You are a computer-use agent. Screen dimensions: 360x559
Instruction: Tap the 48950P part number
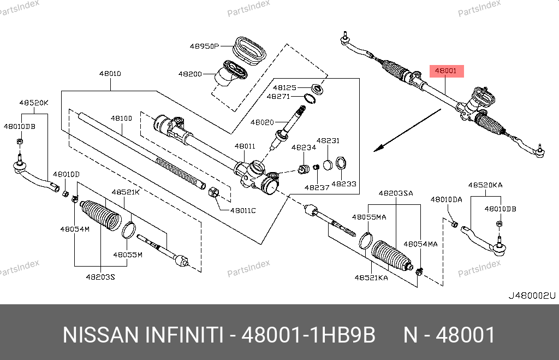[x=204, y=46]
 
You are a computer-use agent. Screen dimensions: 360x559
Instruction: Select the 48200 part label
[x=190, y=74]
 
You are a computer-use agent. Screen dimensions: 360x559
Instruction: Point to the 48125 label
[x=284, y=87]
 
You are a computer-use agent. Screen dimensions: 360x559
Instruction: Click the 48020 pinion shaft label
[x=263, y=123]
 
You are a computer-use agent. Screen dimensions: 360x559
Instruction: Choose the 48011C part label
[x=242, y=210]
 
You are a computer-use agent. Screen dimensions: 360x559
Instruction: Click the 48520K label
[x=34, y=102]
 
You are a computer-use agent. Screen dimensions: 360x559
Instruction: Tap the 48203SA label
[x=396, y=193]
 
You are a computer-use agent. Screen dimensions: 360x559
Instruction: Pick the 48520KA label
[x=485, y=185]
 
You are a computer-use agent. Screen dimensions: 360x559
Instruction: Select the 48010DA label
[x=446, y=200]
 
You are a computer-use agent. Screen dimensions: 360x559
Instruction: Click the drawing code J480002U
[x=531, y=296]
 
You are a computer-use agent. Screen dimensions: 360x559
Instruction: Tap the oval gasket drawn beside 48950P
[x=249, y=50]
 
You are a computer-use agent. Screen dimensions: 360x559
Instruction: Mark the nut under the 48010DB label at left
[x=18, y=143]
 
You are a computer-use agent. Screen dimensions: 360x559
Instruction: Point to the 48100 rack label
[x=121, y=118]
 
